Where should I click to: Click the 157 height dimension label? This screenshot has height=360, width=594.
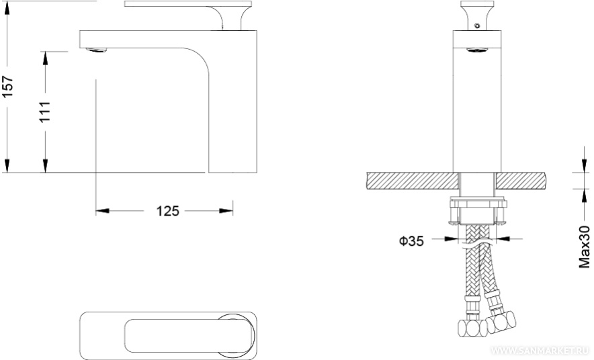(8, 87)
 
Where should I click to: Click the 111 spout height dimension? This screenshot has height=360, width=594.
(45, 111)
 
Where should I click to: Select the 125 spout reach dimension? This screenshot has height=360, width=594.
(168, 211)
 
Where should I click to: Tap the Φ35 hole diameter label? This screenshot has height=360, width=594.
(411, 240)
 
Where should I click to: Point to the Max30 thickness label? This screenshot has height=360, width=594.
(585, 246)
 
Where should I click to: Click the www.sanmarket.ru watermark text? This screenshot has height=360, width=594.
(541, 350)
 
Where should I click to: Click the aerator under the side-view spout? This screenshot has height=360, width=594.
(96, 50)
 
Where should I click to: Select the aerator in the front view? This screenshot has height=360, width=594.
(477, 50)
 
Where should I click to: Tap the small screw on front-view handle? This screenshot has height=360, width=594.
(477, 26)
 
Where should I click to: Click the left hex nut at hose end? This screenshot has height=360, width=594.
(472, 327)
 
